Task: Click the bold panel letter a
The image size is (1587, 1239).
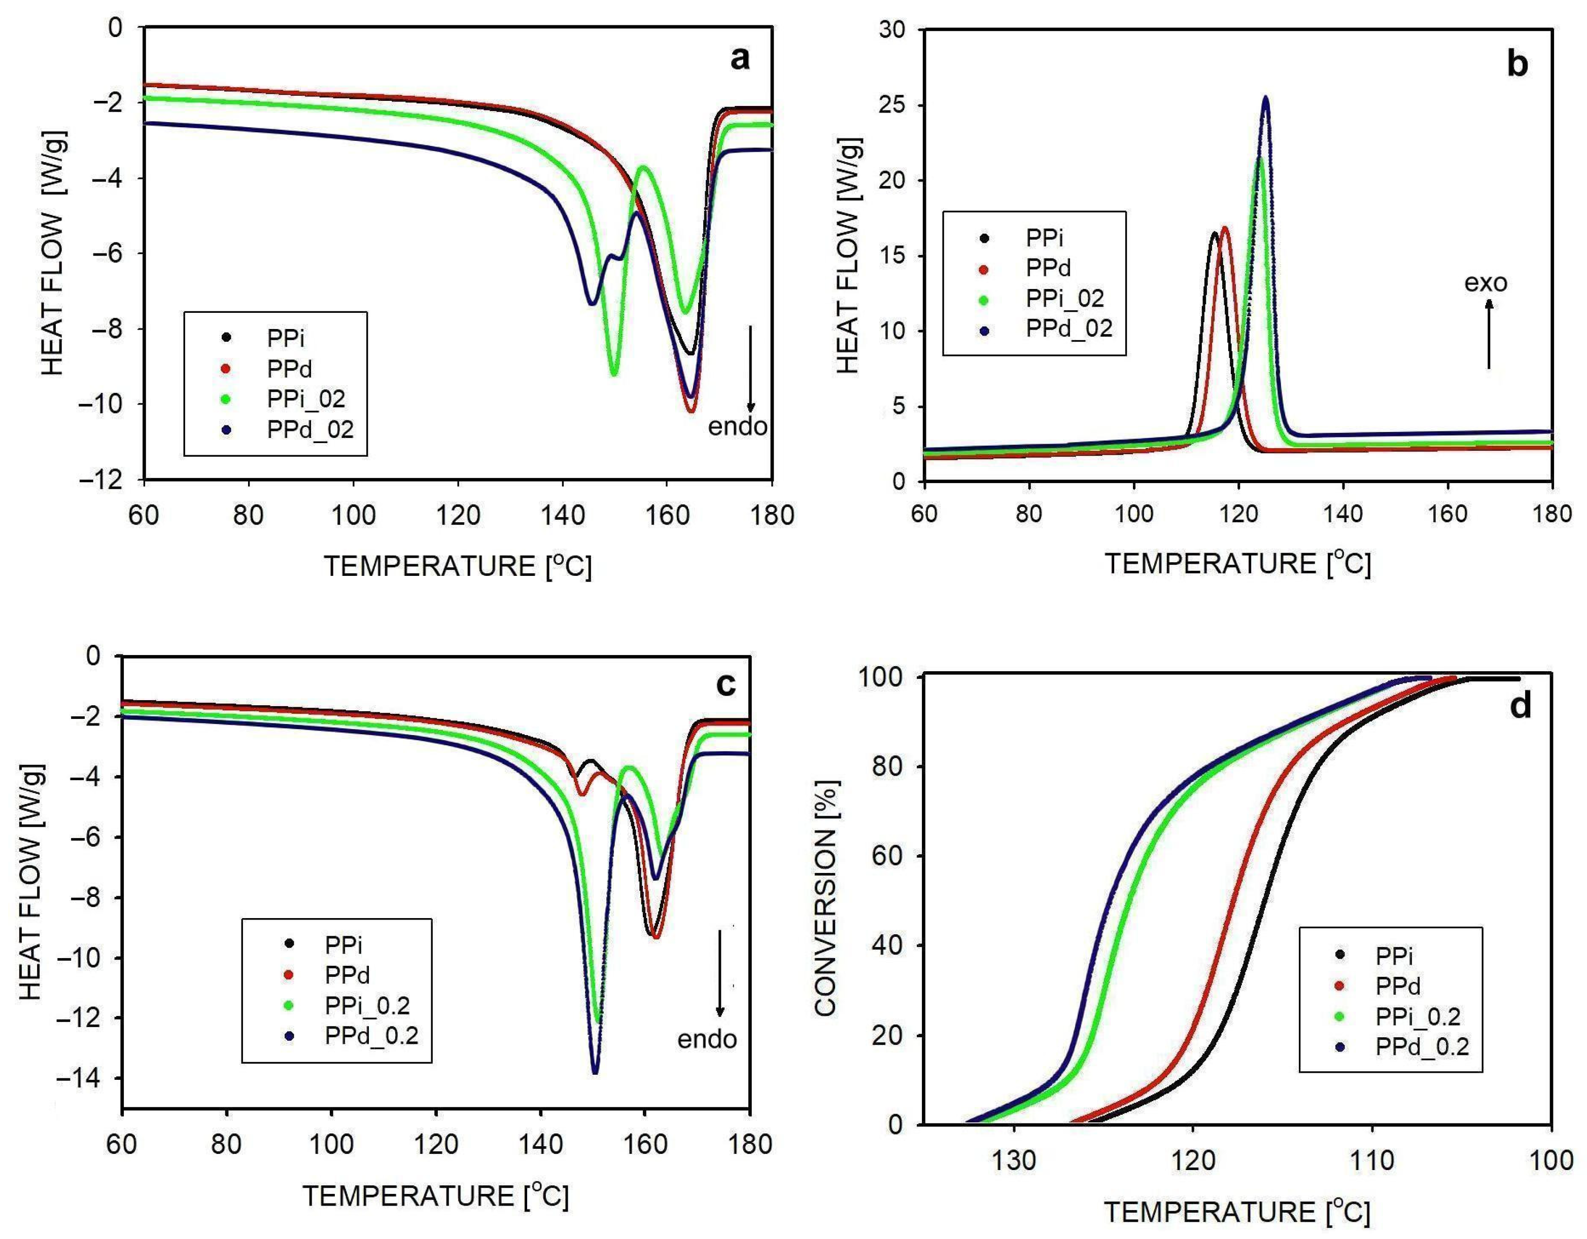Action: click(x=739, y=58)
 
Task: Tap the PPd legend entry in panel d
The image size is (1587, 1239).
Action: click(x=1397, y=986)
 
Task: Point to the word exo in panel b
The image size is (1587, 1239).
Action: click(x=1485, y=282)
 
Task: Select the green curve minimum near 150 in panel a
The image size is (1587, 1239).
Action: click(x=614, y=374)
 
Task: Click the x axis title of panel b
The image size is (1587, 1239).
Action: click(x=1237, y=564)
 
